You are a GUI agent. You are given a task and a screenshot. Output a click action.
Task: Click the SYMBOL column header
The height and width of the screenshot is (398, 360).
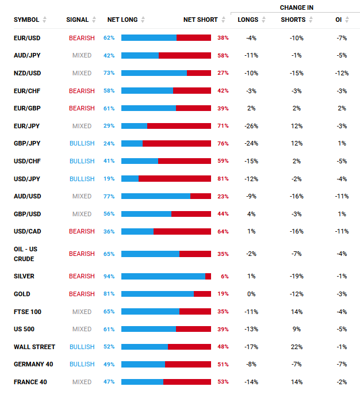pyautogui.click(x=26, y=20)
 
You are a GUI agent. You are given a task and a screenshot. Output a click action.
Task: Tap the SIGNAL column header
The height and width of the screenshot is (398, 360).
pyautogui.click(x=77, y=20)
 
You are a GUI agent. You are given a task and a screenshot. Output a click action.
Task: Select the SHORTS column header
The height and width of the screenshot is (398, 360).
pyautogui.click(x=293, y=20)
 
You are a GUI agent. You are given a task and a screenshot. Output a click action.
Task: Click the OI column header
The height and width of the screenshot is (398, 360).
pyautogui.click(x=339, y=20)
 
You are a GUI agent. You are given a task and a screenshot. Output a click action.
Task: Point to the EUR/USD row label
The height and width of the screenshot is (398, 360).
pyautogui.click(x=27, y=37)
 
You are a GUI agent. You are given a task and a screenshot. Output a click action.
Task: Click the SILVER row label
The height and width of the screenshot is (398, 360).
pyautogui.click(x=24, y=276)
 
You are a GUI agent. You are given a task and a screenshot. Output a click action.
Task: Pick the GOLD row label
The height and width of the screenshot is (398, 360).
pyautogui.click(x=22, y=294)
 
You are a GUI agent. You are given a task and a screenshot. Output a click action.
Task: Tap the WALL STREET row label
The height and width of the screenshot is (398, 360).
pyautogui.click(x=35, y=347)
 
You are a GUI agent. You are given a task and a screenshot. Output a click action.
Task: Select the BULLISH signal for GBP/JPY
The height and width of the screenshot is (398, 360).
pyautogui.click(x=82, y=144)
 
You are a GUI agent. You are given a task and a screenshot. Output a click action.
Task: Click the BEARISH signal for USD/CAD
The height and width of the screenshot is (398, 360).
pyautogui.click(x=82, y=231)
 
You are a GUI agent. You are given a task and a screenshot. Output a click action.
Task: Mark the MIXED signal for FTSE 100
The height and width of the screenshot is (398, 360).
pyautogui.click(x=82, y=312)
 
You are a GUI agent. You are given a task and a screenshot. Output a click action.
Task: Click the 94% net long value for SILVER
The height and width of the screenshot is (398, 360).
pyautogui.click(x=109, y=276)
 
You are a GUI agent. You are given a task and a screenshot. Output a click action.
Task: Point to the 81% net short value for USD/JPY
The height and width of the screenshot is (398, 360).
pyautogui.click(x=223, y=179)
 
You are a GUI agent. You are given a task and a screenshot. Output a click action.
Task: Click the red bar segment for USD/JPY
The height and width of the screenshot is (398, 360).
pyautogui.click(x=175, y=179)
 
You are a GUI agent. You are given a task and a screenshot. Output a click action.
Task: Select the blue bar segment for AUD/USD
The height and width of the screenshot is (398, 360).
pyautogui.click(x=156, y=196)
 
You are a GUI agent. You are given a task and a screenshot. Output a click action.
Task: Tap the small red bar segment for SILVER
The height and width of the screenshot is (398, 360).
pyautogui.click(x=208, y=276)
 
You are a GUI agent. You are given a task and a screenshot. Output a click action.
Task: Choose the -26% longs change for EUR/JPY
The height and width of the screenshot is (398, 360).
pyautogui.click(x=251, y=126)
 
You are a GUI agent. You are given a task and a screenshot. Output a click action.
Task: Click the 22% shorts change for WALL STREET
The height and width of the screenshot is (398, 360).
pyautogui.click(x=297, y=347)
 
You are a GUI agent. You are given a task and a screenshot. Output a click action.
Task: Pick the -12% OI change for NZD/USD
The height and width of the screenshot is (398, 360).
pyautogui.click(x=342, y=73)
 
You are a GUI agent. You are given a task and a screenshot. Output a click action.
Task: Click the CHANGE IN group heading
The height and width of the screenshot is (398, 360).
pyautogui.click(x=296, y=7)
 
